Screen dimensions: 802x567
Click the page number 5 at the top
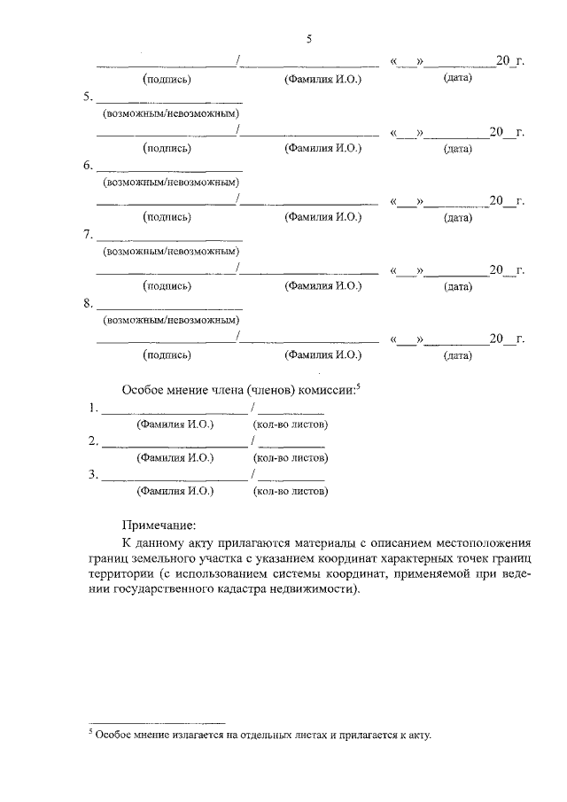coord(309,39)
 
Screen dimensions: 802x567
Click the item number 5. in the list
coord(88,97)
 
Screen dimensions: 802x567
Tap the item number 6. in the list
coord(88,166)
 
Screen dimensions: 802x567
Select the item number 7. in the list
coord(88,235)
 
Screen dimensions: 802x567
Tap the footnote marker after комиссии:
coord(361,385)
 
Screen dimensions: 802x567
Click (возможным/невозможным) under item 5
coord(173,113)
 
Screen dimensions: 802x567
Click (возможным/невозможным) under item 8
coord(173,320)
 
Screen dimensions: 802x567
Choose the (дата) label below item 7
coord(458,286)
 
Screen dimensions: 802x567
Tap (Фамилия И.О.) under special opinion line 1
coord(175,424)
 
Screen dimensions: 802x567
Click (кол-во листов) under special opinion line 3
coord(291,490)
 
